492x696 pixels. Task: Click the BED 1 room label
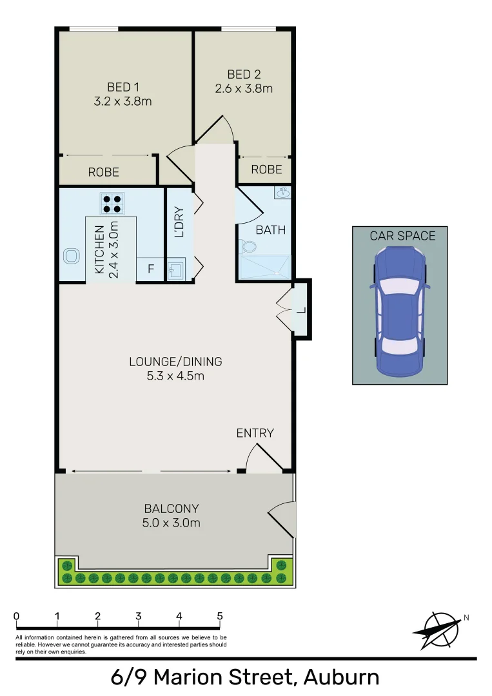tap(123, 87)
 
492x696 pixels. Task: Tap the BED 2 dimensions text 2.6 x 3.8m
tap(244, 88)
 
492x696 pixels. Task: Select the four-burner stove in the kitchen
tap(112, 203)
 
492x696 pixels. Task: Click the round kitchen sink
tap(70, 256)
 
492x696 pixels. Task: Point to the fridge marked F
tap(151, 269)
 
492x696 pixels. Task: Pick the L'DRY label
tap(179, 222)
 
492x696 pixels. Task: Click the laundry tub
tap(175, 269)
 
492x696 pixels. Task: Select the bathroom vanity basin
tap(282, 193)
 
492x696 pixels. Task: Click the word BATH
tap(270, 230)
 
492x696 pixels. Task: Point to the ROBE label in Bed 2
tap(266, 169)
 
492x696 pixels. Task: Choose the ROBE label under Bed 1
tap(103, 172)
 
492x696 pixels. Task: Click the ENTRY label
tap(255, 433)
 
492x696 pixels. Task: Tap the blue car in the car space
tap(400, 311)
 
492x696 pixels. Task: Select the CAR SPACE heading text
tap(402, 236)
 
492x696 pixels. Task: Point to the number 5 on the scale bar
tap(220, 616)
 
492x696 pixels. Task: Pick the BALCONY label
tap(171, 508)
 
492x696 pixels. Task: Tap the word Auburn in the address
tap(341, 678)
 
